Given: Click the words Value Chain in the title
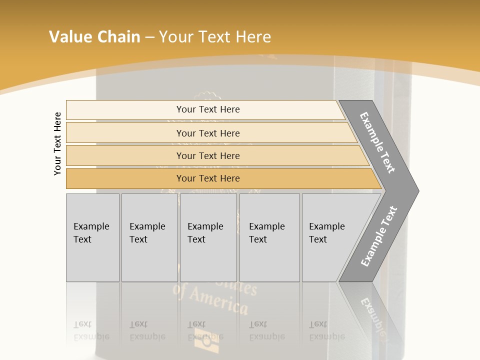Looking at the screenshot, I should pos(94,37).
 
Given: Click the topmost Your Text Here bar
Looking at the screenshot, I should pos(207,109).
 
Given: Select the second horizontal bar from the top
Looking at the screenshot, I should pos(207,133).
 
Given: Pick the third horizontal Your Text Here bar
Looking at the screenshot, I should pos(207,155).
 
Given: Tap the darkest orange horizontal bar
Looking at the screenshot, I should pos(207,178).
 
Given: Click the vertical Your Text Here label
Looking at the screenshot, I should pos(57,143).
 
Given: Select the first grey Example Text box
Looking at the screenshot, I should pos(92,237).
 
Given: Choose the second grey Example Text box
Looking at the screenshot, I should pos(149,237).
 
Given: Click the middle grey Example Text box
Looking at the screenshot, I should pos(208,237).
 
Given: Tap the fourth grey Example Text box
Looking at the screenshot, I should pos(269,237).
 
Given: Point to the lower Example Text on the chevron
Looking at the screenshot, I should pos(379,236).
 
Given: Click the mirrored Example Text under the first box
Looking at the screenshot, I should pos(91,330).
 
